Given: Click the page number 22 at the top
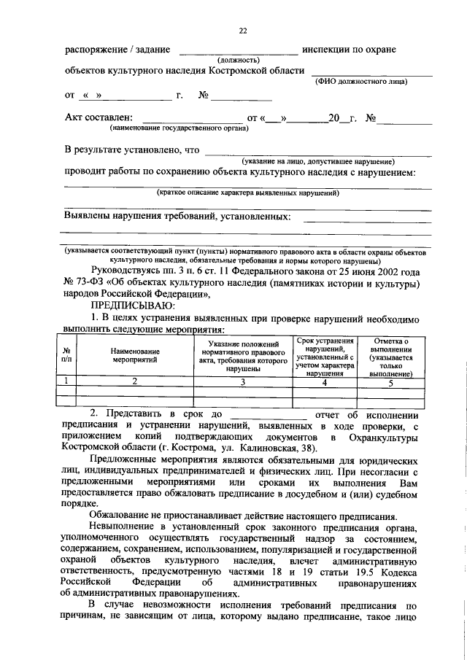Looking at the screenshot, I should [x=243, y=30].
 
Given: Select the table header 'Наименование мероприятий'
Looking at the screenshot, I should [x=134, y=356].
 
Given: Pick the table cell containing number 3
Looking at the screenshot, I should [x=243, y=381].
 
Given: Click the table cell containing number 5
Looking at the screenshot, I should [x=390, y=381].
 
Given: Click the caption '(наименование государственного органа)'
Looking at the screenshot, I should [x=179, y=128].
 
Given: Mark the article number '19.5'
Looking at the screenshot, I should [x=365, y=569].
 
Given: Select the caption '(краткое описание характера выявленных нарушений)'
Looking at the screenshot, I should [x=248, y=193].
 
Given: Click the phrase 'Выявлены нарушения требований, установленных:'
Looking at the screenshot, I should [x=177, y=217].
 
